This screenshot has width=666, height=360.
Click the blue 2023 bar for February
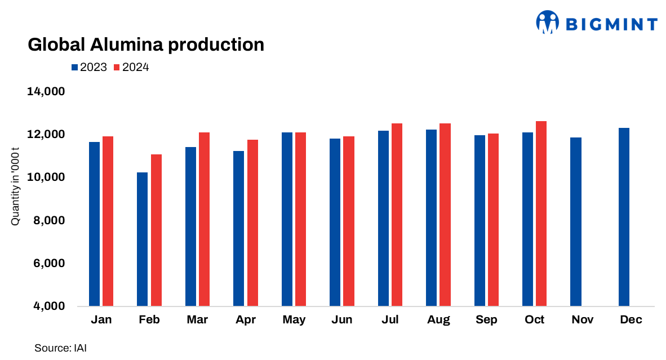coord(142,239)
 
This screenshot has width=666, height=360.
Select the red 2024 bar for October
coord(541,214)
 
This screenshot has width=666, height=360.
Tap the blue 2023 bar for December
coord(624,217)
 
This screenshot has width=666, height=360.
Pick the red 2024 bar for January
coord(108,221)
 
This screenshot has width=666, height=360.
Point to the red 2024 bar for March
coord(204,220)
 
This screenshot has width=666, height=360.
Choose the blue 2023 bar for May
coord(287,220)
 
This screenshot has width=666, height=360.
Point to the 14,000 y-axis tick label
coord(46,91)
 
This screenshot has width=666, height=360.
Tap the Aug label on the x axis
coord(438,320)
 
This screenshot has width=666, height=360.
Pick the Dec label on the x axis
coord(631,320)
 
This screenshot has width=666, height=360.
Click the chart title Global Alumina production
coord(146,45)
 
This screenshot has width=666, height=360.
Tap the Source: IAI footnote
coord(61,348)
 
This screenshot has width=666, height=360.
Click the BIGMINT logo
coord(596,23)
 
